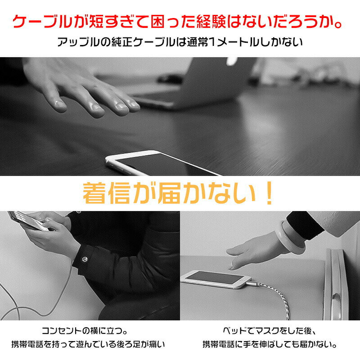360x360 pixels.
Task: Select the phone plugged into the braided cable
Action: [x=214, y=279]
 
